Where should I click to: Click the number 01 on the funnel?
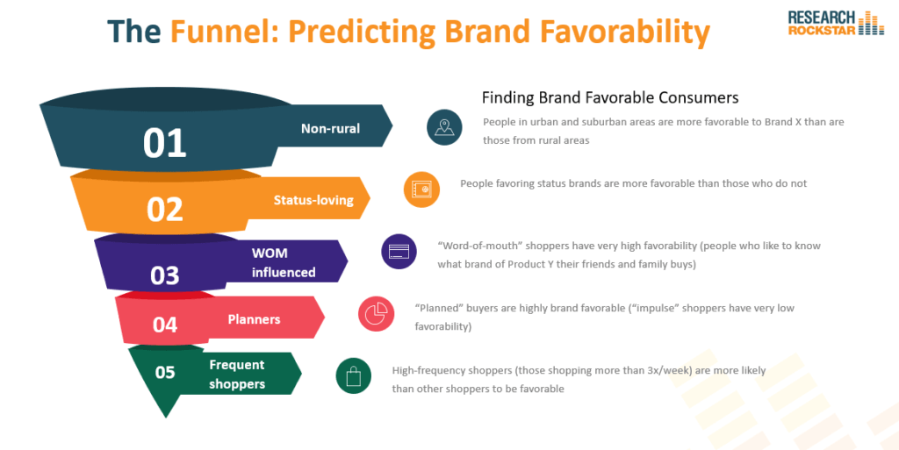(164, 143)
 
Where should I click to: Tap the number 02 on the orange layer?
(164, 210)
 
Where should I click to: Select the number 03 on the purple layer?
(164, 275)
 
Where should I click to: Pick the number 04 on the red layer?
(164, 325)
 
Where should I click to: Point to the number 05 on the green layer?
(165, 372)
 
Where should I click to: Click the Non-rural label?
(330, 128)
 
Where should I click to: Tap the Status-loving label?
(313, 200)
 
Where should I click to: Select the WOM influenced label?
(284, 262)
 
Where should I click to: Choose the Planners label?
(254, 319)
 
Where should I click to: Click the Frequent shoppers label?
(237, 374)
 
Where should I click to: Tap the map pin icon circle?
(444, 127)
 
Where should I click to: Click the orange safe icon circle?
(421, 189)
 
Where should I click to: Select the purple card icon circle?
(399, 252)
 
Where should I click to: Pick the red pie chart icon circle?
(376, 314)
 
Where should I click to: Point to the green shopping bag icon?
(354, 375)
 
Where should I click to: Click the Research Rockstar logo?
(836, 23)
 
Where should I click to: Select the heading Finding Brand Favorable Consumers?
(610, 98)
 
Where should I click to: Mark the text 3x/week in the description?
(672, 370)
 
